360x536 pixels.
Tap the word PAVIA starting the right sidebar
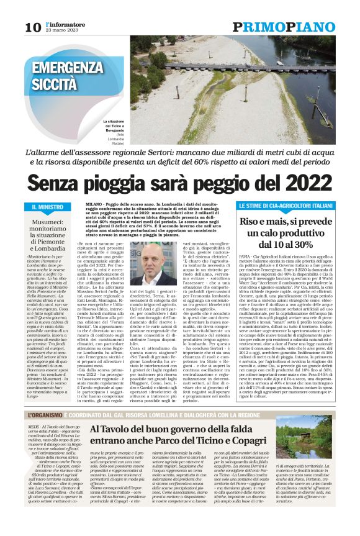(246, 256)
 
